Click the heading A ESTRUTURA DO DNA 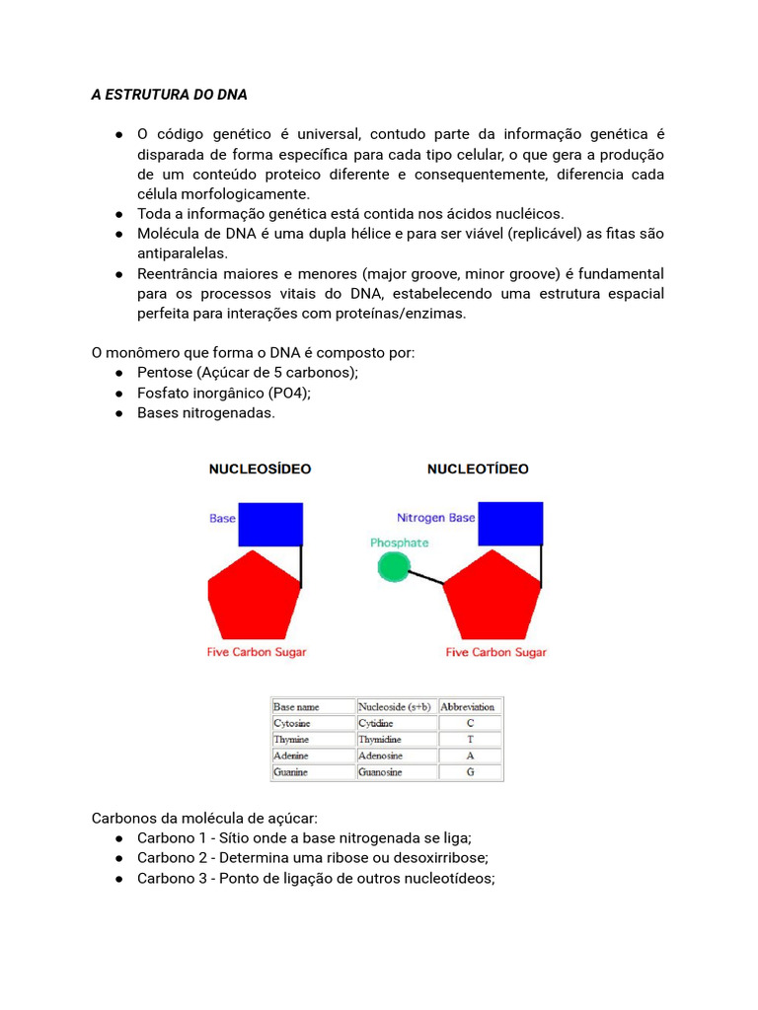pyautogui.click(x=169, y=95)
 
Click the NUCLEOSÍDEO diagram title pyautogui.click(x=260, y=469)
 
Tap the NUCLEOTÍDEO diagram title pyautogui.click(x=478, y=469)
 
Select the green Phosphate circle pyautogui.click(x=393, y=566)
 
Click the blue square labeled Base pyautogui.click(x=270, y=524)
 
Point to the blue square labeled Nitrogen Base pyautogui.click(x=510, y=524)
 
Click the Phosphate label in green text pyautogui.click(x=399, y=542)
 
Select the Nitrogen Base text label pyautogui.click(x=435, y=518)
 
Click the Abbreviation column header pyautogui.click(x=468, y=706)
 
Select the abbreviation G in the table pyautogui.click(x=470, y=772)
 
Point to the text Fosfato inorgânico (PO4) pyautogui.click(x=224, y=393)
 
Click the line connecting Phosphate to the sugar pyautogui.click(x=426, y=578)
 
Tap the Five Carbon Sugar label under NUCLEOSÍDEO pyautogui.click(x=257, y=652)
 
